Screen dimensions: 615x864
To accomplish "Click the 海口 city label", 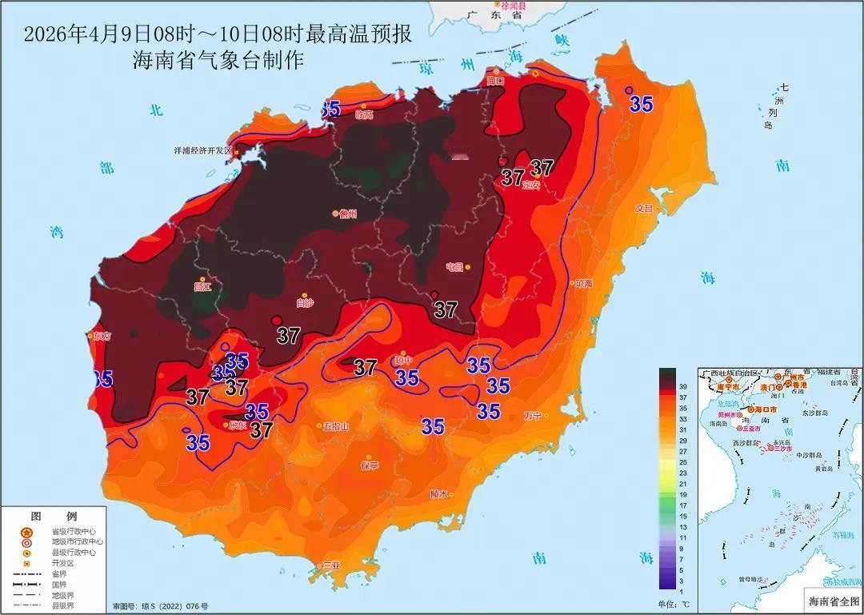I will pyautogui.click(x=496, y=81).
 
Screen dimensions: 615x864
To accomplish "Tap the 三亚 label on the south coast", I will pyautogui.click(x=330, y=565).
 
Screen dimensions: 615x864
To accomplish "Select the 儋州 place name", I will pyautogui.click(x=347, y=214).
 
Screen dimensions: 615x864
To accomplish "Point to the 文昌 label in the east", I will pyautogui.click(x=644, y=208).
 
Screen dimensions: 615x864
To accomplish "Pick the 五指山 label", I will pyautogui.click(x=334, y=426).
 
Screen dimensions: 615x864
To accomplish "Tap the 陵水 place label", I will pyautogui.click(x=438, y=493).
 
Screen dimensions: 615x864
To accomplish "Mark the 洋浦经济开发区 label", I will pyautogui.click(x=202, y=150).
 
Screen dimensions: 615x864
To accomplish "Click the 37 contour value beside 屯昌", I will pyautogui.click(x=446, y=309).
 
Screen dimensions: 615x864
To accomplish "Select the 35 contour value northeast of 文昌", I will pyautogui.click(x=640, y=104).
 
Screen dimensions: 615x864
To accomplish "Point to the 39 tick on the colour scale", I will pyautogui.click(x=682, y=386).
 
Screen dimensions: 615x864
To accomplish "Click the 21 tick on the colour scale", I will pyautogui.click(x=682, y=484).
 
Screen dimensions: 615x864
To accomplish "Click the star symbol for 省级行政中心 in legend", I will pyautogui.click(x=26, y=532).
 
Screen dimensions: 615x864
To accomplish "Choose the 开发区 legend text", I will pyautogui.click(x=62, y=563).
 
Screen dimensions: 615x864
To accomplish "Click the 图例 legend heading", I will pyautogui.click(x=54, y=516).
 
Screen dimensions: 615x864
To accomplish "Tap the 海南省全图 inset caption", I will pyautogui.click(x=831, y=601).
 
